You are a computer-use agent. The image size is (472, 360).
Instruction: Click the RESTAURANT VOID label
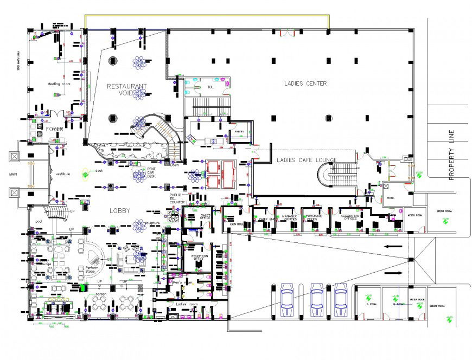[x=126, y=89]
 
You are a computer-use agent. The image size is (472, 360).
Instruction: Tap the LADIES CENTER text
[x=305, y=83]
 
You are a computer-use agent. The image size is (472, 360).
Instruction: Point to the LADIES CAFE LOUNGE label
[x=307, y=160]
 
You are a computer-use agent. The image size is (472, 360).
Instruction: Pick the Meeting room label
[x=59, y=84]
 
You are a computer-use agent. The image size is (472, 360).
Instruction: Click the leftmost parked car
[x=287, y=300]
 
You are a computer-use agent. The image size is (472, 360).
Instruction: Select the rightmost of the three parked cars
[x=341, y=300]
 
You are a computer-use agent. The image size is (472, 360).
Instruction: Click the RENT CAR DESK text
[x=152, y=172]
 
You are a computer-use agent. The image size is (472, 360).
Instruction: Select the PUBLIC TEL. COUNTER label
[x=176, y=198]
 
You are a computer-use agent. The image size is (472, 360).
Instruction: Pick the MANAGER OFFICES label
[x=288, y=217]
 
